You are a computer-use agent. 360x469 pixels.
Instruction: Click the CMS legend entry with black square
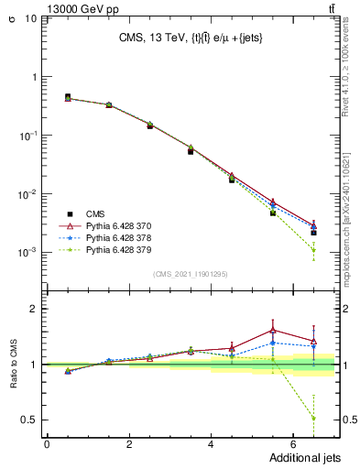94,211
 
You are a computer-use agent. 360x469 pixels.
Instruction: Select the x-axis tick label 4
211,444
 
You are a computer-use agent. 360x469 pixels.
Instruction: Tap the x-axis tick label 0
47,444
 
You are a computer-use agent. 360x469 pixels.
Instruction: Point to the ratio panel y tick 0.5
28,420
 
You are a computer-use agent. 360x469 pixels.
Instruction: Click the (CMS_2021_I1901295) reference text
191,274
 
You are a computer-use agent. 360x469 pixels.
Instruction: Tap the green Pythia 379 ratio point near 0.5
313,418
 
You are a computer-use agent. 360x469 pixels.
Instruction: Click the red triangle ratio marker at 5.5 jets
272,331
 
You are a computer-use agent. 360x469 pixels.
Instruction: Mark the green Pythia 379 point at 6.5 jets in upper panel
313,250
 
